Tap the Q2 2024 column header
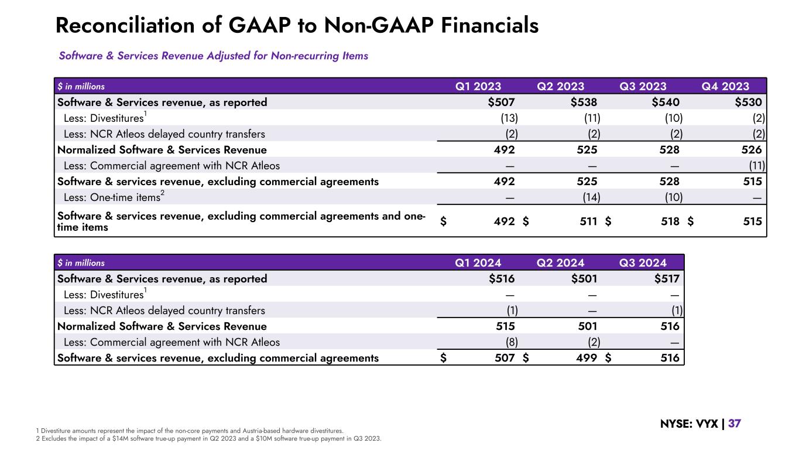coord(560,262)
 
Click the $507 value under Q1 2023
coord(502,103)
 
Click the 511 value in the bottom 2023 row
coord(588,221)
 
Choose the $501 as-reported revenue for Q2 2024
coord(584,279)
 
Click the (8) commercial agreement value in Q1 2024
coord(510,342)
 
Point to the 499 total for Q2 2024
coord(588,358)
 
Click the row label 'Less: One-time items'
coord(111,197)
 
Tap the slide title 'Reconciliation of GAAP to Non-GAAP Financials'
coord(297,25)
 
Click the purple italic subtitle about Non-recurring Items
coord(213,56)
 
